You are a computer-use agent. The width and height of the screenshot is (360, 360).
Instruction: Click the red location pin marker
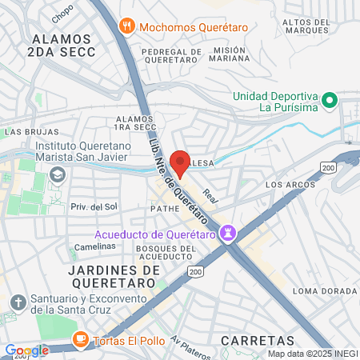point(181,162)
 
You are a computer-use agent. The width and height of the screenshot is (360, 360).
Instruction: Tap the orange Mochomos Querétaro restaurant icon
point(126,26)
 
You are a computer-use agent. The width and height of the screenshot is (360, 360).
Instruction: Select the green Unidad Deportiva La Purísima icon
point(329,102)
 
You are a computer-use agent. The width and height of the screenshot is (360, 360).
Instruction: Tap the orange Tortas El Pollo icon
point(79,339)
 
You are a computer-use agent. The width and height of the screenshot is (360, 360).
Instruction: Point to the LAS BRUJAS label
point(32,130)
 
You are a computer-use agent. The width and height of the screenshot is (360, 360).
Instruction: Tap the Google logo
point(27,350)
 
